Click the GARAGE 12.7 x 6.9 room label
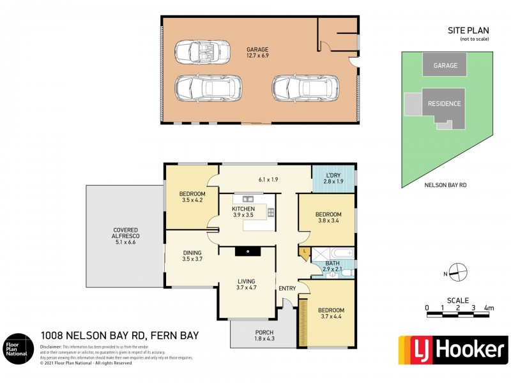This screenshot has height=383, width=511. (x=257, y=52)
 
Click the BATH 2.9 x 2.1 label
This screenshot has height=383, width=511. (x=332, y=267)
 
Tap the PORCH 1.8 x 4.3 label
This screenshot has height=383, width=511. (x=264, y=335)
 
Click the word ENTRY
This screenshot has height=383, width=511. (x=287, y=289)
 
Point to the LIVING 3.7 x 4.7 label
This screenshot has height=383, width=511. (x=246, y=285)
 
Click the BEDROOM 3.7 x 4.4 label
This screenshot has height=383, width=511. (x=331, y=314)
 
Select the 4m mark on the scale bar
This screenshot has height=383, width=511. (x=489, y=308)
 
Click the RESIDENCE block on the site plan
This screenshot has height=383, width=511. (x=444, y=103)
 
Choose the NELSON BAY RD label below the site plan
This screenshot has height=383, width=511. (x=445, y=185)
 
